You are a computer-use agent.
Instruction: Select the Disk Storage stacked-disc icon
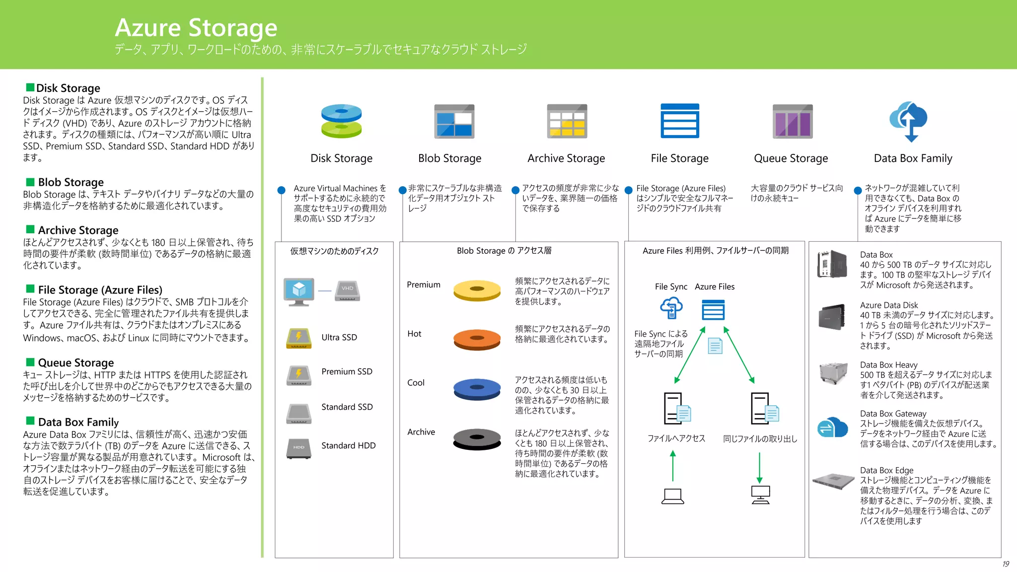pos(341,121)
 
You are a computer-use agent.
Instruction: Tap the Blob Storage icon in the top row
pos(454,121)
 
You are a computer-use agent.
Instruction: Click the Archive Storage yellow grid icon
pos(567,121)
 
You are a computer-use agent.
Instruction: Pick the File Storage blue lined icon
pos(679,121)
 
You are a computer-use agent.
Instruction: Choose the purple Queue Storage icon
pos(793,121)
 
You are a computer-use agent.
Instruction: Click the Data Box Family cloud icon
pos(909,122)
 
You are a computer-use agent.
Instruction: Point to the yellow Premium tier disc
pos(477,290)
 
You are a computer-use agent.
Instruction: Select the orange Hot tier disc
pos(477,339)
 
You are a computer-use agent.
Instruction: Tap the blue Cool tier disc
pos(477,388)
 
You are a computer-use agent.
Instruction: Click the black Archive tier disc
pos(477,438)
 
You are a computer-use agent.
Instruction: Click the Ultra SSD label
pos(339,337)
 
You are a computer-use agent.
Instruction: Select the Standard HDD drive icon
pos(298,448)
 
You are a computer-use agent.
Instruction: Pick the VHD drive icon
pos(347,290)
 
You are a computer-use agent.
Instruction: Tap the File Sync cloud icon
pos(671,308)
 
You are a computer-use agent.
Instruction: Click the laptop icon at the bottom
pos(672,496)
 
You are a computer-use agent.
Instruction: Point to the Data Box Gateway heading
pos(893,414)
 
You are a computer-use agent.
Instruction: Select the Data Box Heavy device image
pos(833,372)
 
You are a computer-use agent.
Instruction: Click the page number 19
pos(1006,564)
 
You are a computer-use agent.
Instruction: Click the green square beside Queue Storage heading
pos(30,362)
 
